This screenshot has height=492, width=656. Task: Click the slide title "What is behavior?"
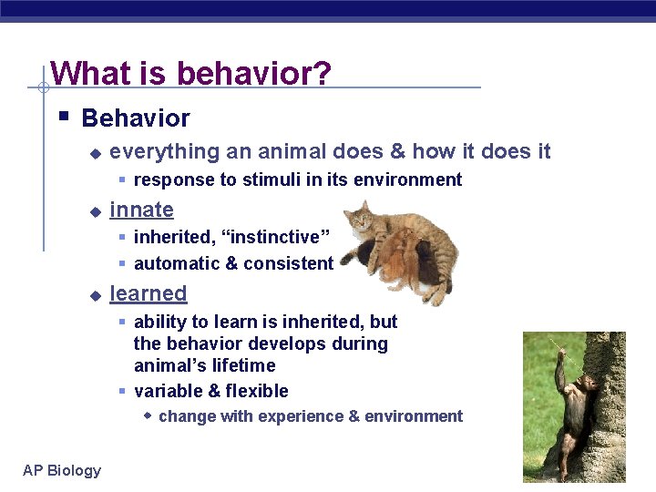(x=190, y=73)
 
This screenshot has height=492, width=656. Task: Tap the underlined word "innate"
(x=141, y=210)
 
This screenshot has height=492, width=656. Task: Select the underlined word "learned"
(x=148, y=293)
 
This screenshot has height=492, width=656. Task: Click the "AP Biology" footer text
(x=62, y=470)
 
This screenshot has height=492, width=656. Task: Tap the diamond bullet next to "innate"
(x=95, y=211)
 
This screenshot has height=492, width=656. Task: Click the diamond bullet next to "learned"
(x=95, y=295)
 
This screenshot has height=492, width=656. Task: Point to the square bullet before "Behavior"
(x=62, y=117)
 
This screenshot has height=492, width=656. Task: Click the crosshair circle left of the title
(x=42, y=88)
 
